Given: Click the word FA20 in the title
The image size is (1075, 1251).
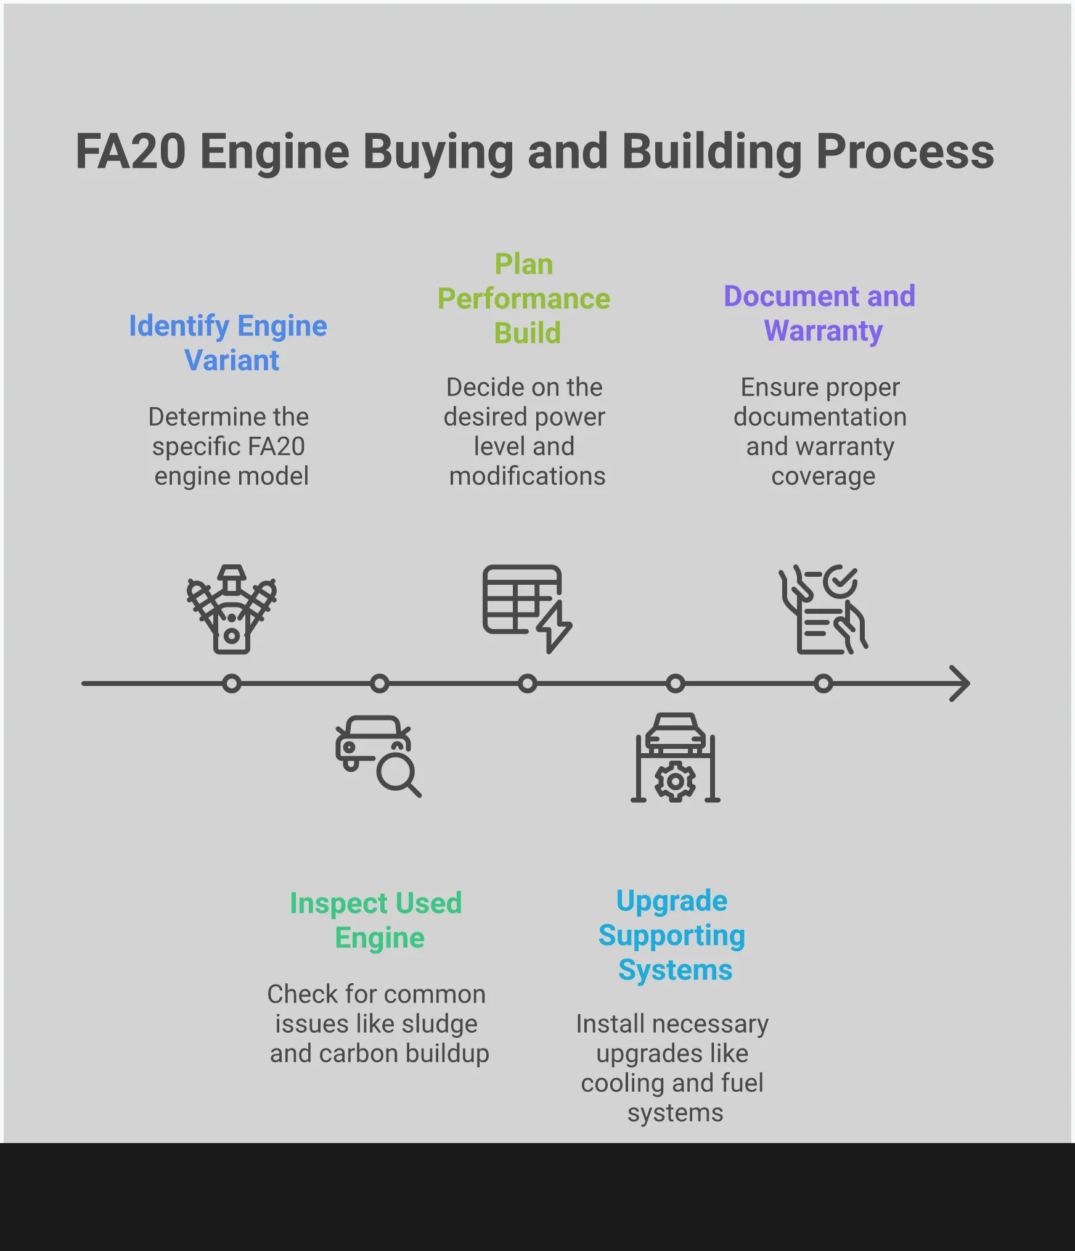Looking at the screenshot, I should (130, 152).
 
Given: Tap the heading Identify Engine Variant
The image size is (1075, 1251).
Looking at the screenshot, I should (228, 342).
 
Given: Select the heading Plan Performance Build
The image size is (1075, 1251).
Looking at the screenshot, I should (524, 299).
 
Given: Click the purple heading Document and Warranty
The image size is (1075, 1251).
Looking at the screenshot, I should (820, 313).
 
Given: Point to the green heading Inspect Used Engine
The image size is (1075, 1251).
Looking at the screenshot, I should (376, 920).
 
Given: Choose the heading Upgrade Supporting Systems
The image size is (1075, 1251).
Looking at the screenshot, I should (672, 935).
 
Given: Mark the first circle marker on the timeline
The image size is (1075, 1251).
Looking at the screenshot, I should (232, 683).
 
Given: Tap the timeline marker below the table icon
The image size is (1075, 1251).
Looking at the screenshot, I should (528, 683).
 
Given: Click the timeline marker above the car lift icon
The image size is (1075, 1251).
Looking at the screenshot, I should (676, 683).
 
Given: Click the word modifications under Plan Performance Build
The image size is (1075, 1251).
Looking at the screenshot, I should (527, 476).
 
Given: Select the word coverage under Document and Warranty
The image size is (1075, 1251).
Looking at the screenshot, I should (823, 476).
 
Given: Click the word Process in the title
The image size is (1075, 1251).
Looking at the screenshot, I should (905, 152).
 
